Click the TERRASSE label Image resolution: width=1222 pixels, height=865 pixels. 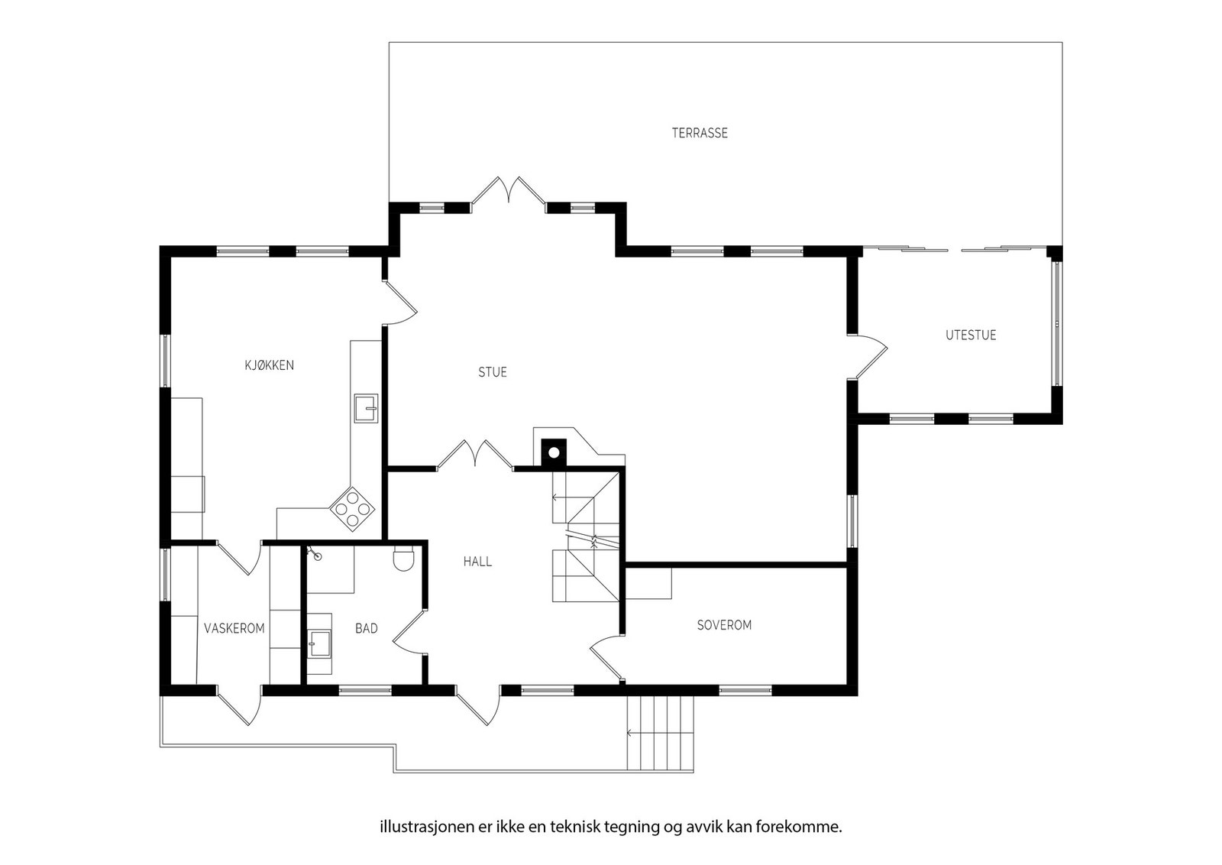700,133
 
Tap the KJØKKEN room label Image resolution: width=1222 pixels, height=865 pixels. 269,365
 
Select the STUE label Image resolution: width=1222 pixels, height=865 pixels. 493,372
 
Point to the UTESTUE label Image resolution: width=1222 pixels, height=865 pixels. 971,335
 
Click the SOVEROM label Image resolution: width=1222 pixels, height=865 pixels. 724,624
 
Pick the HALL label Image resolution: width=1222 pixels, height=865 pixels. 477,562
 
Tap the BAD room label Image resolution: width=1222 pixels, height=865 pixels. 367,628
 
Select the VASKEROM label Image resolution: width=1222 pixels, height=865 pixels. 234,628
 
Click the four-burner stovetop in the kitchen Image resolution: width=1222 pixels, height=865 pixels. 352,508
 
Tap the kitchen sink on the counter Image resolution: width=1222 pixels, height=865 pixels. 366,409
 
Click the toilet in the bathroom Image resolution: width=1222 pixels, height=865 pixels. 402,561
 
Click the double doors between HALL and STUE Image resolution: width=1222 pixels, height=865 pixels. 475,453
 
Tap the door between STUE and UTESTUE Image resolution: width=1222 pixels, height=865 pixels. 868,356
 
